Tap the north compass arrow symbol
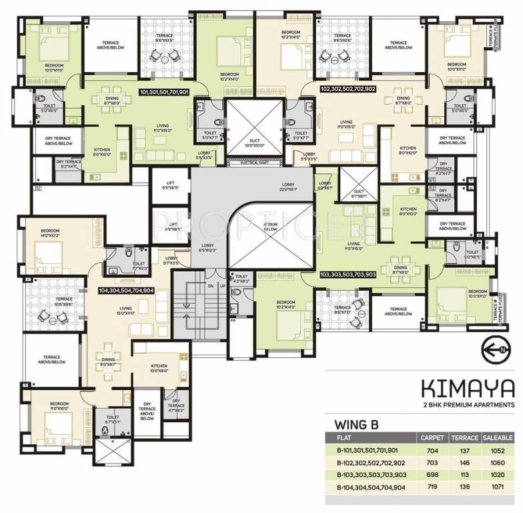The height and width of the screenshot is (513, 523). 498,349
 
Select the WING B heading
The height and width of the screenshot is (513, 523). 358,423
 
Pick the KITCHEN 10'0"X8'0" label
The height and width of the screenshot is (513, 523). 159,368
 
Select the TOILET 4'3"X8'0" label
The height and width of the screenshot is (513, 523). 241,279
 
